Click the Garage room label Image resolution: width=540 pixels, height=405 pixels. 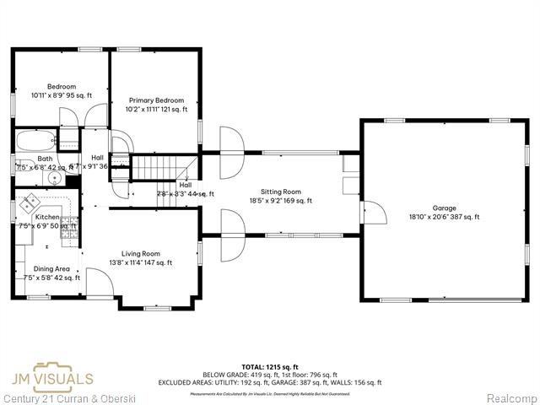click(x=444, y=208)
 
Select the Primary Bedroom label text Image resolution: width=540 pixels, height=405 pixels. click(x=156, y=100)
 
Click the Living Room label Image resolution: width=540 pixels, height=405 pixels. click(x=141, y=253)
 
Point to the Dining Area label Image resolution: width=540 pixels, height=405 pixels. click(x=46, y=268)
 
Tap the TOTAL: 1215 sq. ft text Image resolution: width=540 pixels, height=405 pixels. click(x=270, y=367)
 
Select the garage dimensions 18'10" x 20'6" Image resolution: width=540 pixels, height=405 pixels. click(x=444, y=217)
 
